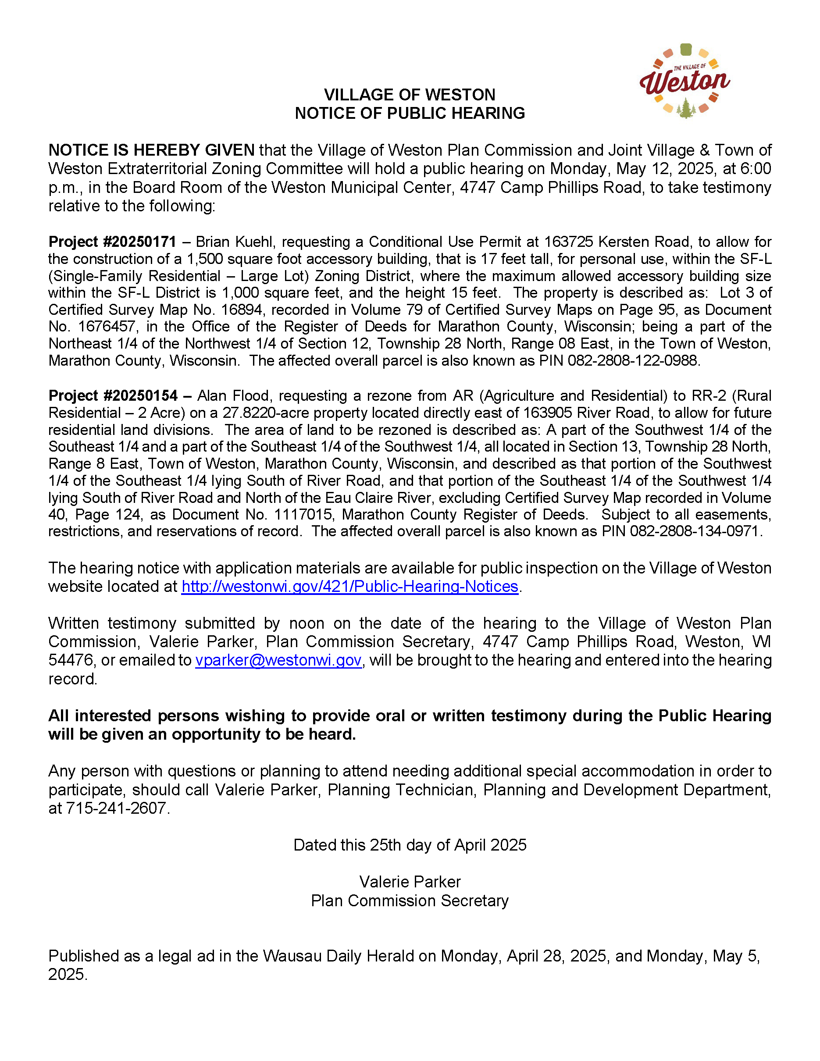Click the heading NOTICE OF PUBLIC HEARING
[410, 113]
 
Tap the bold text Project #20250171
[112, 242]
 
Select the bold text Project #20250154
[113, 395]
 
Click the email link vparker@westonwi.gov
[278, 660]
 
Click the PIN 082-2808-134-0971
[695, 531]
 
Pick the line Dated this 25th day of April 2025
[410, 845]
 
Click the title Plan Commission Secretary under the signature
[410, 900]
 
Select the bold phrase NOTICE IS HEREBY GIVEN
[151, 150]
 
